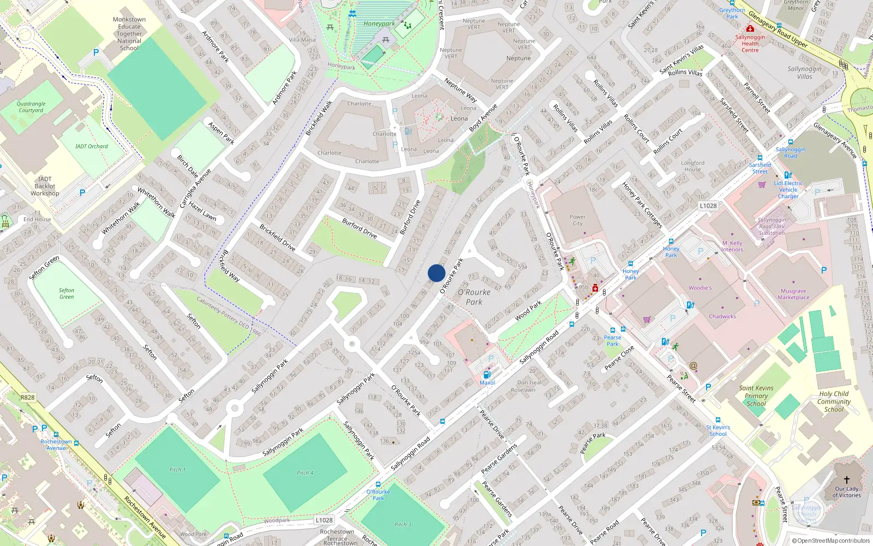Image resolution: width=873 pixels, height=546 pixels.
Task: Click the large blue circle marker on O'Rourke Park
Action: pyautogui.click(x=436, y=273)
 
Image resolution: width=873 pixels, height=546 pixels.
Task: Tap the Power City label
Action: pyautogui.click(x=577, y=220)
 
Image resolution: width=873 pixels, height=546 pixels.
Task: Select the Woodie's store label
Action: pyautogui.click(x=700, y=288)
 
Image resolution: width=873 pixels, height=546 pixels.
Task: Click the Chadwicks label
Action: pyautogui.click(x=722, y=317)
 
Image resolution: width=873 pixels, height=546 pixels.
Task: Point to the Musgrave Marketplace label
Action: pyautogui.click(x=793, y=294)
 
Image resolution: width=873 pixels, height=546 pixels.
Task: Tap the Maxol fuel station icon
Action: pyautogui.click(x=487, y=375)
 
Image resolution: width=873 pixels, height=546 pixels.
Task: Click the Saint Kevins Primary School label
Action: pyautogui.click(x=756, y=396)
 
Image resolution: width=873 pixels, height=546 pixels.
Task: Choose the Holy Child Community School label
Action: pyautogui.click(x=834, y=401)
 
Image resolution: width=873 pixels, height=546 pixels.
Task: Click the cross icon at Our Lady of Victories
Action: pyautogui.click(x=847, y=480)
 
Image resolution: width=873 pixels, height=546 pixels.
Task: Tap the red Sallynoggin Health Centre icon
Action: pyautogui.click(x=750, y=28)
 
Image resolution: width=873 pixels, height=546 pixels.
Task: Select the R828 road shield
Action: pyautogui.click(x=27, y=397)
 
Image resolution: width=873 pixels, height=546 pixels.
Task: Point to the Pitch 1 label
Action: pyautogui.click(x=177, y=470)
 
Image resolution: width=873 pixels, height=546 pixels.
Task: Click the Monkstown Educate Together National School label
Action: pyautogui.click(x=129, y=34)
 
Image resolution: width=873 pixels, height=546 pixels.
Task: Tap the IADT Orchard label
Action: pyautogui.click(x=92, y=146)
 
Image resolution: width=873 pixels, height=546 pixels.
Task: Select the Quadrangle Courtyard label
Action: pyautogui.click(x=31, y=107)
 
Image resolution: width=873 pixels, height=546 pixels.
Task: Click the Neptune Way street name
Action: pyautogui.click(x=461, y=91)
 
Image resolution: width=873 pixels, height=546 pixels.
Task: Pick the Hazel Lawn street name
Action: pyautogui.click(x=202, y=210)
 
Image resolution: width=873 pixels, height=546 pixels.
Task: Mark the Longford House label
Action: pyautogui.click(x=692, y=166)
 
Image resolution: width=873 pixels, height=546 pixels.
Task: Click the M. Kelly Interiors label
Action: pyautogui.click(x=732, y=246)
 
